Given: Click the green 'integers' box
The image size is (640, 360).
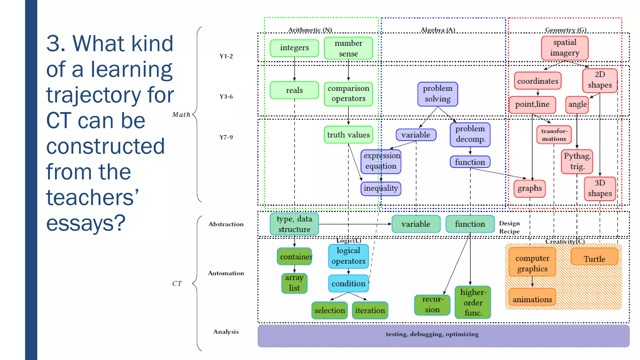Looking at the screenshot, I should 294,48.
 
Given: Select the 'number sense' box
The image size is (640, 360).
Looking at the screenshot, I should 348,48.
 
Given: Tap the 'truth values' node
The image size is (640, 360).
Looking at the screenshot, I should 348,135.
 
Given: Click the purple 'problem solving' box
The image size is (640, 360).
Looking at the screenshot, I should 437,94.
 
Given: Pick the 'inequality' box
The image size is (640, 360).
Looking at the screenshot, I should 381,188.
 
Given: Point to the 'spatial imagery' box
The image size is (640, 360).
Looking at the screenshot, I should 564,48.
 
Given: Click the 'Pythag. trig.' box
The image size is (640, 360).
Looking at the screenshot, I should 577,162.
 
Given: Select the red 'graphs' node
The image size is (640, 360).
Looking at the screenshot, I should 529,188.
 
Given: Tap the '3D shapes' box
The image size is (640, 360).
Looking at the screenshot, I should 599,188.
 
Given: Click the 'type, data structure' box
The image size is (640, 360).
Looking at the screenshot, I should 294,224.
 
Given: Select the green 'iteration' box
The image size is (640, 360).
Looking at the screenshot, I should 370,310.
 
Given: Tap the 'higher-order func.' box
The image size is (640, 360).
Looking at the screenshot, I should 473,302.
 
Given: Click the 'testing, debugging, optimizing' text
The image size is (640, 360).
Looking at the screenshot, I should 432,334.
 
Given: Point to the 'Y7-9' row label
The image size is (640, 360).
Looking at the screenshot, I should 226,137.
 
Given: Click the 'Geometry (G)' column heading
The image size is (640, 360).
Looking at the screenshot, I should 565,30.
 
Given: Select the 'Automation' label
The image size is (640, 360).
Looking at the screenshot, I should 226,273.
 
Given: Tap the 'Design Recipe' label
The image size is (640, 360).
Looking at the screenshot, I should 509,227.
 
